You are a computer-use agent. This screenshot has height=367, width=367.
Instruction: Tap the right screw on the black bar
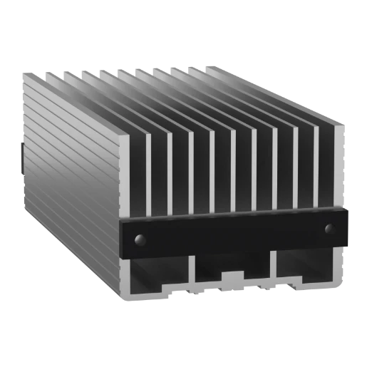[x=329, y=229]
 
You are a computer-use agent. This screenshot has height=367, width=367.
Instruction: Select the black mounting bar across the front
[x=235, y=232]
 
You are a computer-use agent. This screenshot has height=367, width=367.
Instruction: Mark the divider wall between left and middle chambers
[x=192, y=272]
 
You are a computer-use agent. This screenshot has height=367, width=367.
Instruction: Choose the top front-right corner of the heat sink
[x=346, y=128]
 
